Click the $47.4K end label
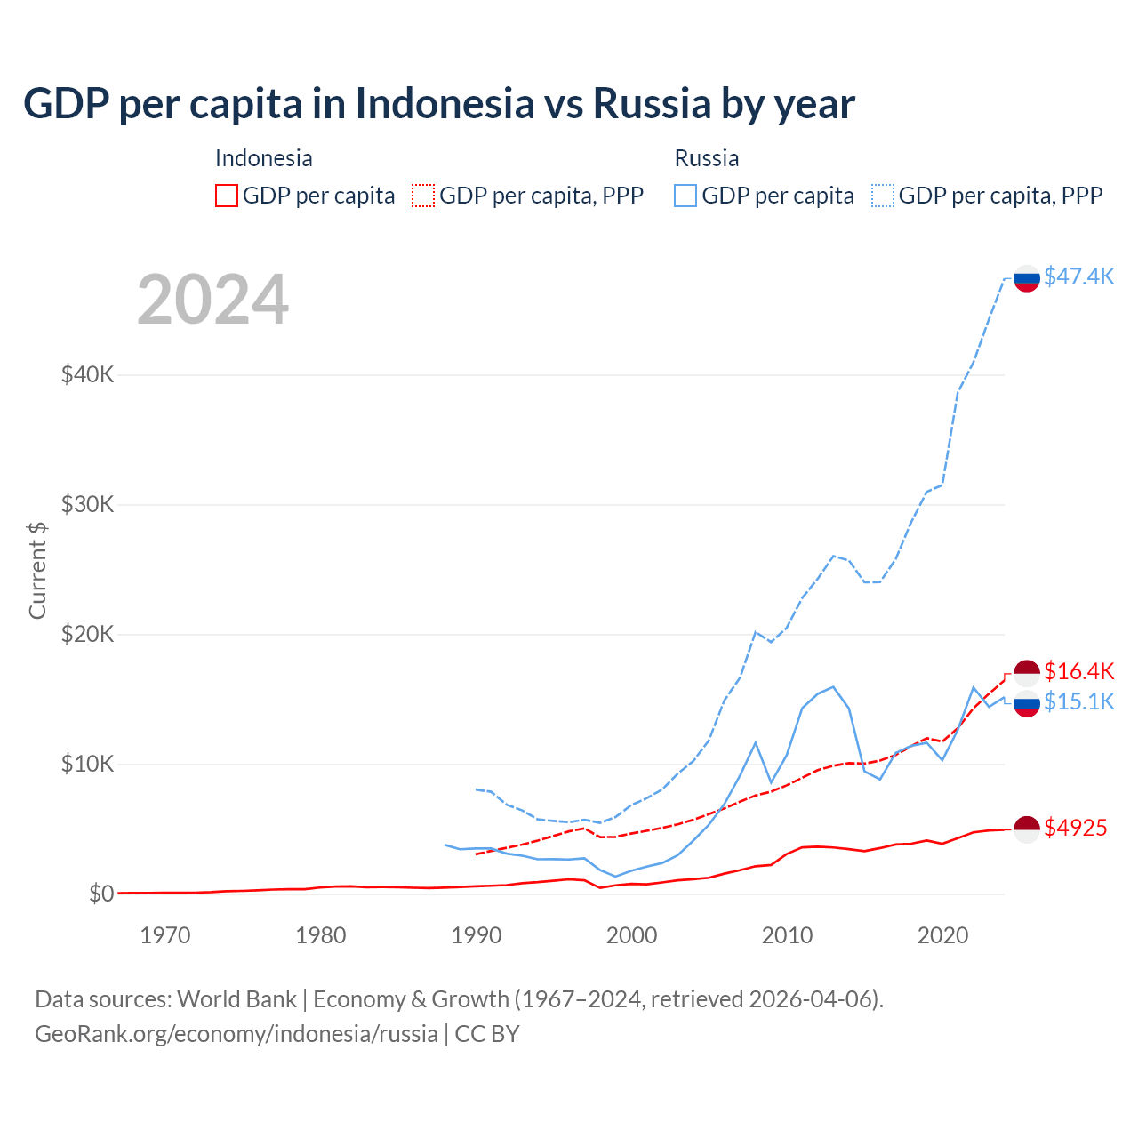coord(1078,276)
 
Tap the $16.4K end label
coord(1078,671)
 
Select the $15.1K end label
coord(1078,701)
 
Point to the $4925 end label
coord(1075,828)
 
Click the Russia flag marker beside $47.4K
coord(1027,278)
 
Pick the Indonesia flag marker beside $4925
coord(1027,829)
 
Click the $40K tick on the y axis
coord(87,374)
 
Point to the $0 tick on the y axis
coord(101,894)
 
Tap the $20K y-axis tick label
coord(87,634)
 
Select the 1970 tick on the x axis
coord(165,935)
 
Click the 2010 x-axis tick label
coord(787,935)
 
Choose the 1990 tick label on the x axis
coord(477,935)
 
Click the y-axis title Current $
coord(37,570)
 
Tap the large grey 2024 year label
coord(212,300)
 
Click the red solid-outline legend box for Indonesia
coord(227,196)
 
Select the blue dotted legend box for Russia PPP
coord(883,196)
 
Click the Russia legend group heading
coord(707,158)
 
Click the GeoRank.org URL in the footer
coord(236,1034)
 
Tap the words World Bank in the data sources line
coord(236,999)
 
